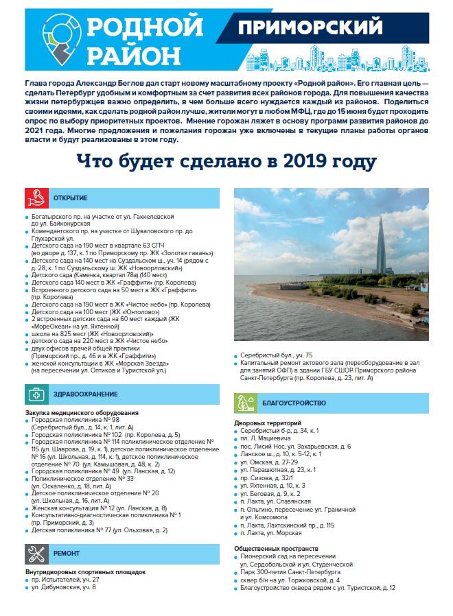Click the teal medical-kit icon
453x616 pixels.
tap(36, 394)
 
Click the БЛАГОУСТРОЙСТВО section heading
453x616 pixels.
tap(292, 403)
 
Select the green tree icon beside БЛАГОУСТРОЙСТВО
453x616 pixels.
tap(245, 403)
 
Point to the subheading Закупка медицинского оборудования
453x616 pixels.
tap(82, 413)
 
